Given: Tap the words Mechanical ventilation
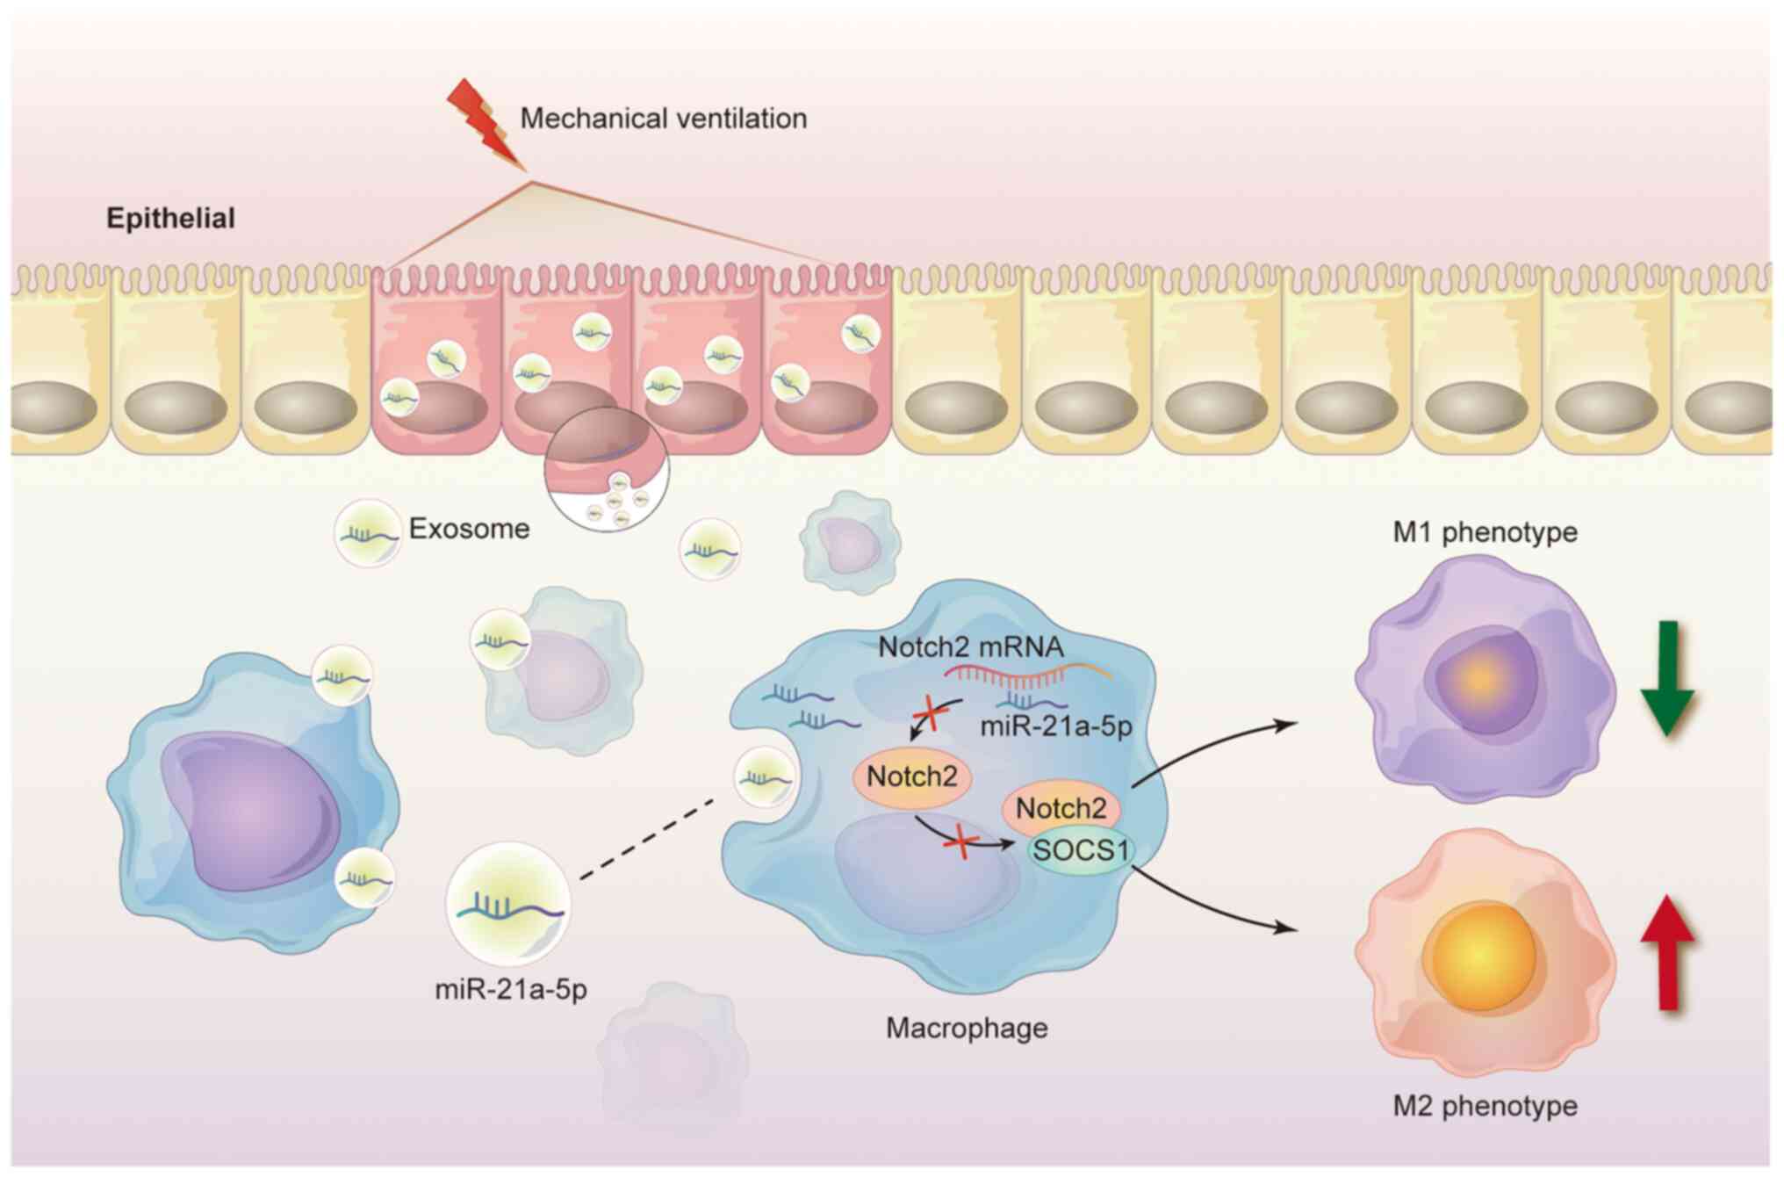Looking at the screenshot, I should pos(663,119).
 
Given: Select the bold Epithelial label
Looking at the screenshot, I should pos(170,218).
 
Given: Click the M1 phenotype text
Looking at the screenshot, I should pos(1485,531).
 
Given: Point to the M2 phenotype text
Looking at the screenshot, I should pos(1485,1105).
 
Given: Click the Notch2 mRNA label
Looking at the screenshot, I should pos(970,647).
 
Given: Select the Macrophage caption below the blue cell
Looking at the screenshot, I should pos(967,1027).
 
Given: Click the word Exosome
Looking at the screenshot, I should pos(470,529).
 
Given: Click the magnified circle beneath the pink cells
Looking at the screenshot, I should pos(608,471).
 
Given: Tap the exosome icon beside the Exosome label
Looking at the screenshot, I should pos(367,532).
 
